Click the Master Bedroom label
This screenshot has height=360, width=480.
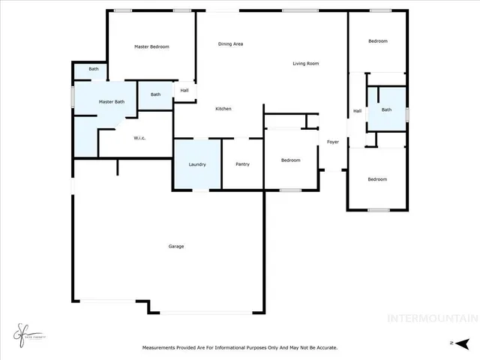151,46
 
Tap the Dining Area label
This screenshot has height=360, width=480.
230,44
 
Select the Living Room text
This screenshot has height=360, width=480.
306,64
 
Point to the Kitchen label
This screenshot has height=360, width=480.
223,109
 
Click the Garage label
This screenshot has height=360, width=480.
176,246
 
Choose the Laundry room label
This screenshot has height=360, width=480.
197,164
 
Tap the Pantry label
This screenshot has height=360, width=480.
242,164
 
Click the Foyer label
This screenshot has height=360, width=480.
332,142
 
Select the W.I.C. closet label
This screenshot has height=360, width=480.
139,138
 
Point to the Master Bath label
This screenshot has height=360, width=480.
111,101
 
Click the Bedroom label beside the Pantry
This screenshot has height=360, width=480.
291,160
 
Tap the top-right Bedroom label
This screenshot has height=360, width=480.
377,41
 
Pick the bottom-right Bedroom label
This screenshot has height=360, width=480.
377,179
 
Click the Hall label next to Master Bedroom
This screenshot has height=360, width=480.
184,91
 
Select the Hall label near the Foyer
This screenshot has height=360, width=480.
358,111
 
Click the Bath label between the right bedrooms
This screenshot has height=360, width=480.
386,109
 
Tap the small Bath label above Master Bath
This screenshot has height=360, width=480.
94,69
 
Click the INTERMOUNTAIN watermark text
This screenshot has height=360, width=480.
432,318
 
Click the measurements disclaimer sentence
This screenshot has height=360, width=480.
240,347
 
